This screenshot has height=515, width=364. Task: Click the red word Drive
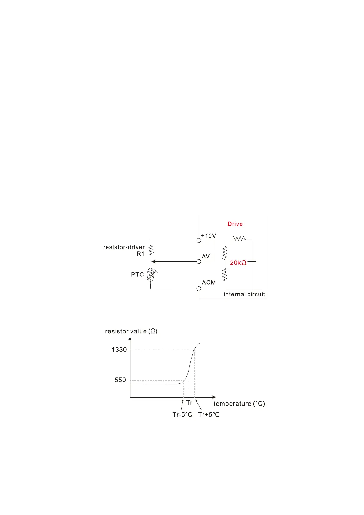235,224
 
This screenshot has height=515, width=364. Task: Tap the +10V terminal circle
199,240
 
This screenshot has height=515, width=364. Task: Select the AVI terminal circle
199,261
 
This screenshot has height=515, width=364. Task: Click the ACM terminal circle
199,288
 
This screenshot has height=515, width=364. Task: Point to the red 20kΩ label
238,263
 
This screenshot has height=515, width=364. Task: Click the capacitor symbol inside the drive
252,261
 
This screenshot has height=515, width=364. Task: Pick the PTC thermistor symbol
151,275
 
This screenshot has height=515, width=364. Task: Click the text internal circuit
244,294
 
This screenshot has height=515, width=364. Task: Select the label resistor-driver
124,247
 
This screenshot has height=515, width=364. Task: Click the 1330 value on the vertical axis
119,350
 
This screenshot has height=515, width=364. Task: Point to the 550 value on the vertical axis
120,380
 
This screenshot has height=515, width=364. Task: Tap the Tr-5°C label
182,415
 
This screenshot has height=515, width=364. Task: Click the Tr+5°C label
209,415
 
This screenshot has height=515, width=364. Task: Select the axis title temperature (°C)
239,404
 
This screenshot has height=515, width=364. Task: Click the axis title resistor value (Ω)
131,331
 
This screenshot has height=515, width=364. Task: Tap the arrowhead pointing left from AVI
154,261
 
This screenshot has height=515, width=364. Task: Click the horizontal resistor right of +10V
239,239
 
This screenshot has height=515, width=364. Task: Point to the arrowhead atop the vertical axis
130,339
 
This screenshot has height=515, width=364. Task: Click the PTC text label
137,275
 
